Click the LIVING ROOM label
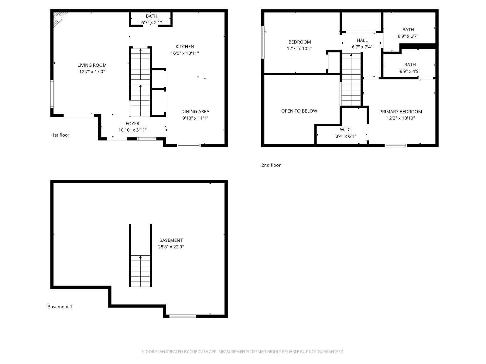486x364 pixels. tap(92, 65)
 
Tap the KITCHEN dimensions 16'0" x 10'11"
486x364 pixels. tap(185, 53)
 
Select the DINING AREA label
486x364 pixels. tap(195, 112)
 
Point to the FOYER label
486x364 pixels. tap(132, 123)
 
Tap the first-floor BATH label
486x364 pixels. tap(152, 16)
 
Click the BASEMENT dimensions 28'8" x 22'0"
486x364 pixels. tap(171, 247)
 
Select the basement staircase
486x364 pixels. tap(140, 255)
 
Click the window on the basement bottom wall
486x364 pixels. tap(183, 316)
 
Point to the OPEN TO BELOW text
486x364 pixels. tap(299, 111)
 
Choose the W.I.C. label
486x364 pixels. tap(346, 130)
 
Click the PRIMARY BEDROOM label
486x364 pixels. tap(401, 112)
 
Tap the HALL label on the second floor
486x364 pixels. tap(362, 40)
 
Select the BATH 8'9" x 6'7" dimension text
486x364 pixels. tap(408, 36)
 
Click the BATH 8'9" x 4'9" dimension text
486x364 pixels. tap(410, 71)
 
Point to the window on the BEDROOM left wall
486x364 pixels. tap(263, 42)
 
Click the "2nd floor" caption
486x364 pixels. tap(271, 165)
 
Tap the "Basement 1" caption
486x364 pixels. tap(60, 307)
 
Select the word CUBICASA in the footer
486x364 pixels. tap(199, 352)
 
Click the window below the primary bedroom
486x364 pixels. tap(396, 145)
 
